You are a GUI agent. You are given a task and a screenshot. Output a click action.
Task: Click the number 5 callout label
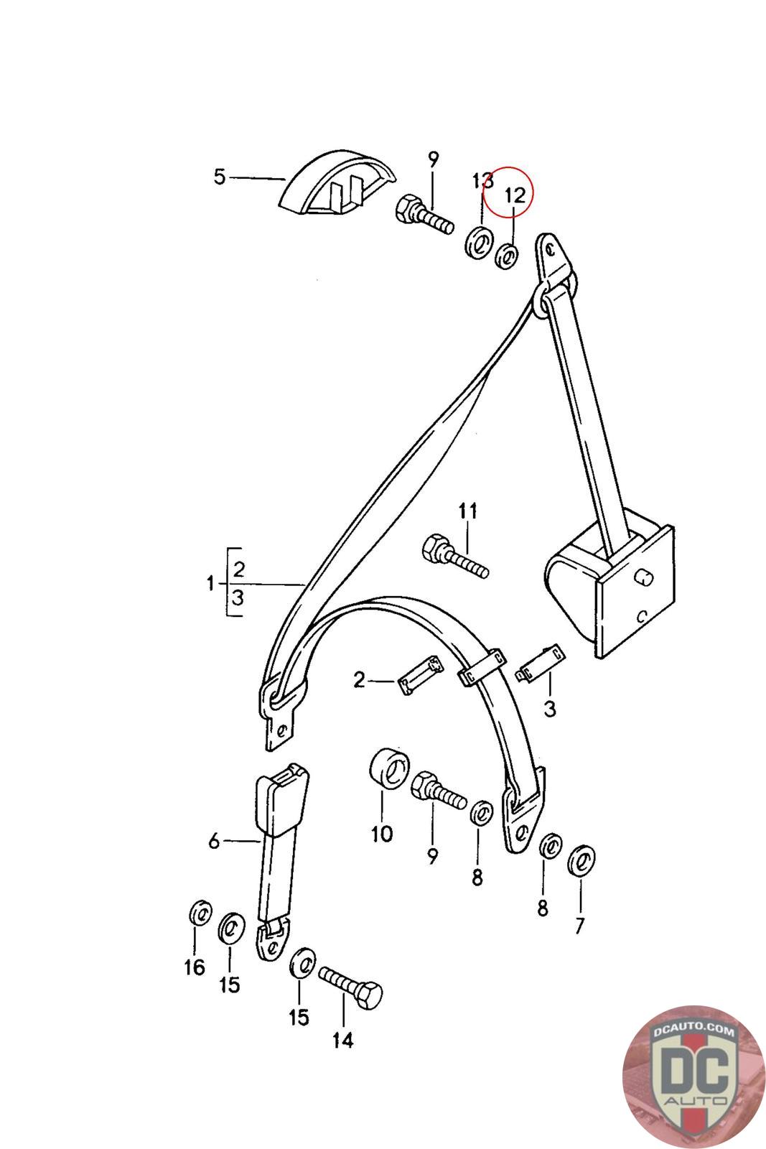click(220, 177)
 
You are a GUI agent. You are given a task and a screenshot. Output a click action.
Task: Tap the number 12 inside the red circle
click(515, 194)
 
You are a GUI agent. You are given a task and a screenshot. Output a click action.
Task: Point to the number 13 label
click(482, 180)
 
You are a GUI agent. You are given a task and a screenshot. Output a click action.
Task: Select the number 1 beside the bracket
click(210, 583)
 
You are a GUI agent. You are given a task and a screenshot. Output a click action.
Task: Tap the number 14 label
click(343, 1040)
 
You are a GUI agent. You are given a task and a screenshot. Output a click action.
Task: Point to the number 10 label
click(382, 834)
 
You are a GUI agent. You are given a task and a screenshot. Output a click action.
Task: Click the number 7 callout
click(579, 926)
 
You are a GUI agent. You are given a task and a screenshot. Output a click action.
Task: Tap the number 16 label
click(195, 968)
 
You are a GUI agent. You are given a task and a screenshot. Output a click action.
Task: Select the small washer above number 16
click(199, 914)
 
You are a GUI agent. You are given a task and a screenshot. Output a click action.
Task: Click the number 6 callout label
click(214, 841)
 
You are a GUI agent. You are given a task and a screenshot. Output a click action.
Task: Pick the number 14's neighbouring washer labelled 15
click(302, 962)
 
